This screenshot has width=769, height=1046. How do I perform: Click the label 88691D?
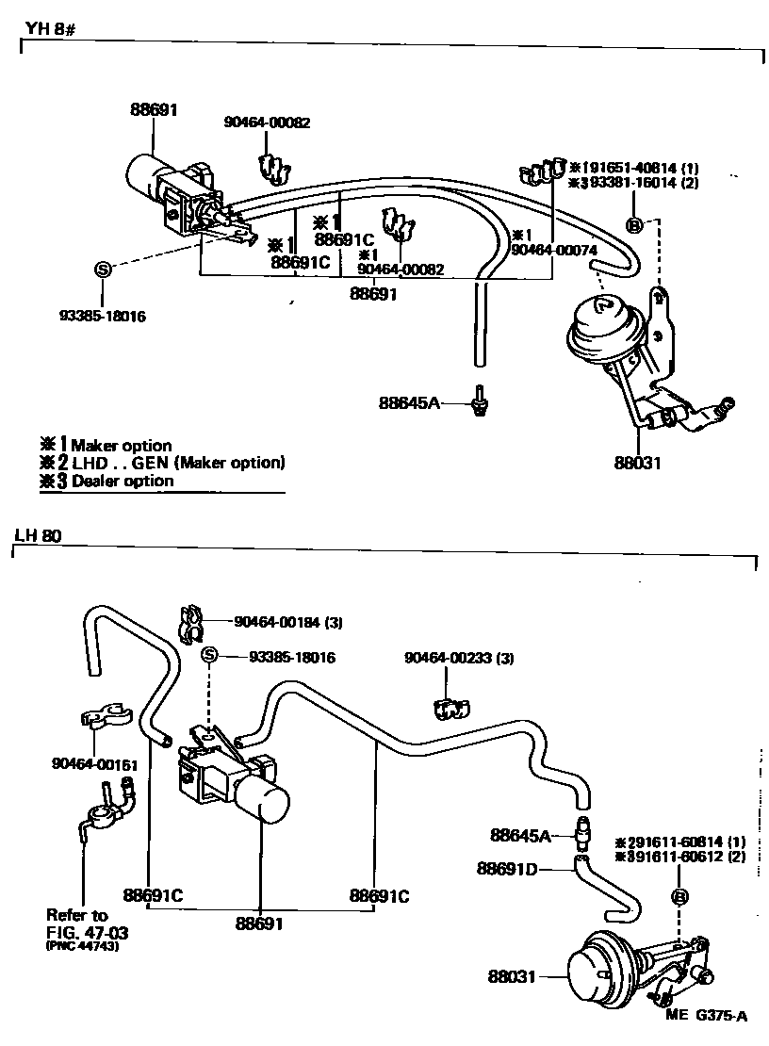(506, 868)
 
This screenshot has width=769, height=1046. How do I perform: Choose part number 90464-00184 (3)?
(287, 622)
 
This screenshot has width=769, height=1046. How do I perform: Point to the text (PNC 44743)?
(86, 946)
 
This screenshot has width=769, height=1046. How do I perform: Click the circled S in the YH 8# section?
(103, 270)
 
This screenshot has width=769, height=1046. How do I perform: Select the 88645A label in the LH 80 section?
(519, 835)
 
